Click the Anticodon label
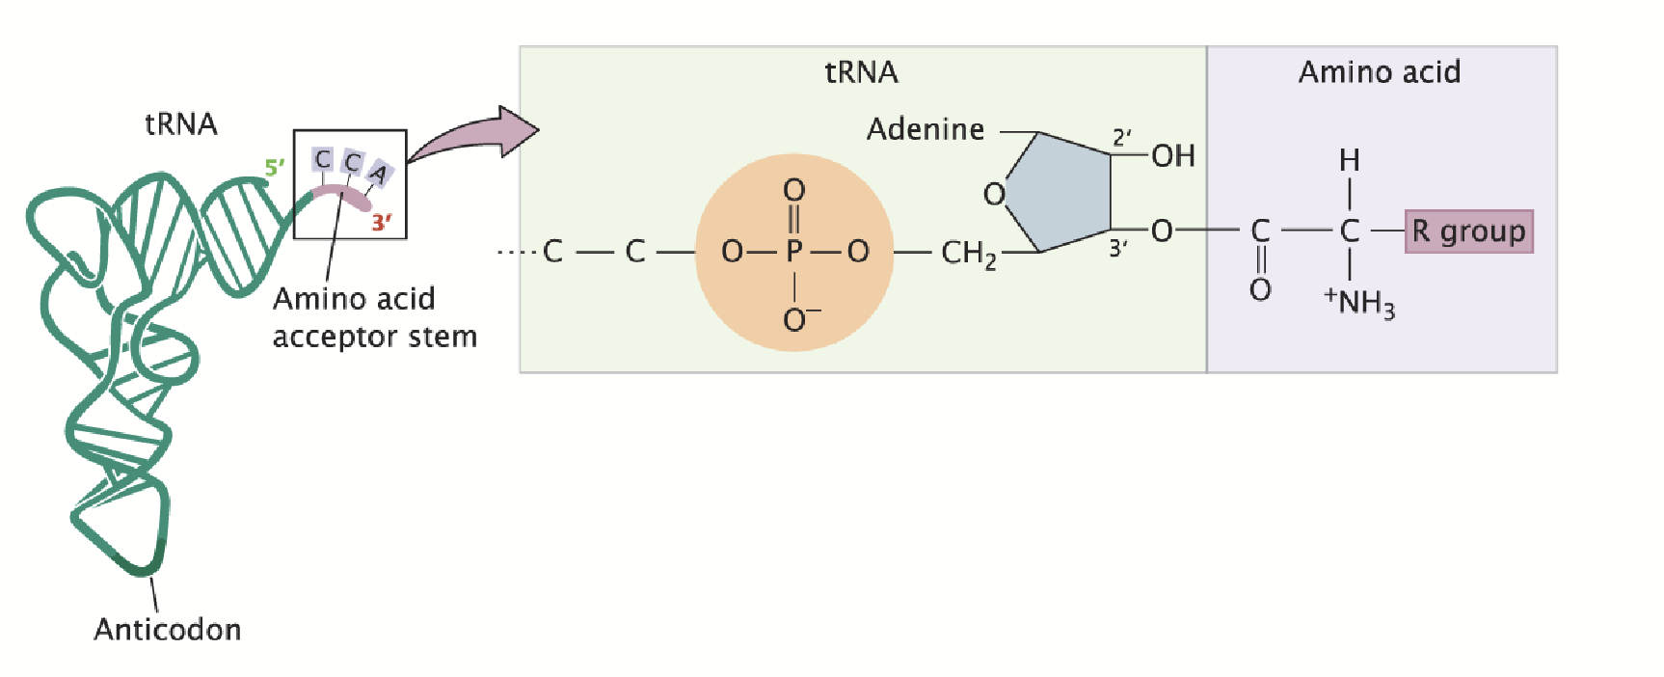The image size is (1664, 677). [x=168, y=629]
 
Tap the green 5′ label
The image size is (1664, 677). [x=275, y=168]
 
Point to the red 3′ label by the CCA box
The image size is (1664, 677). [x=382, y=223]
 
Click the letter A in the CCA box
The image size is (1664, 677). [x=378, y=174]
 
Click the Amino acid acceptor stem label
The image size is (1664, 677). [x=374, y=317]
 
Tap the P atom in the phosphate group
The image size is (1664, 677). [x=794, y=252]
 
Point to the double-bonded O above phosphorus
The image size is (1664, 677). [x=794, y=190]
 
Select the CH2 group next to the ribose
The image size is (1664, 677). [x=968, y=254]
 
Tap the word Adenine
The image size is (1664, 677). [x=926, y=129]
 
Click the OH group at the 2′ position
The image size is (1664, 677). [x=1173, y=155]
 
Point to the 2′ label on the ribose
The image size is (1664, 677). [x=1121, y=137]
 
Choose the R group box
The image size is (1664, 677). [x=1468, y=231]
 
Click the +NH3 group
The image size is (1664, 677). [x=1360, y=302]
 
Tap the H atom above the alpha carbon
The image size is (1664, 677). [x=1350, y=160]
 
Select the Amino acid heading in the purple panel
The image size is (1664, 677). [x=1379, y=72]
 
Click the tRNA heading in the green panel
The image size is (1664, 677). [x=861, y=72]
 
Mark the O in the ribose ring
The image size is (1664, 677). [x=994, y=195]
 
